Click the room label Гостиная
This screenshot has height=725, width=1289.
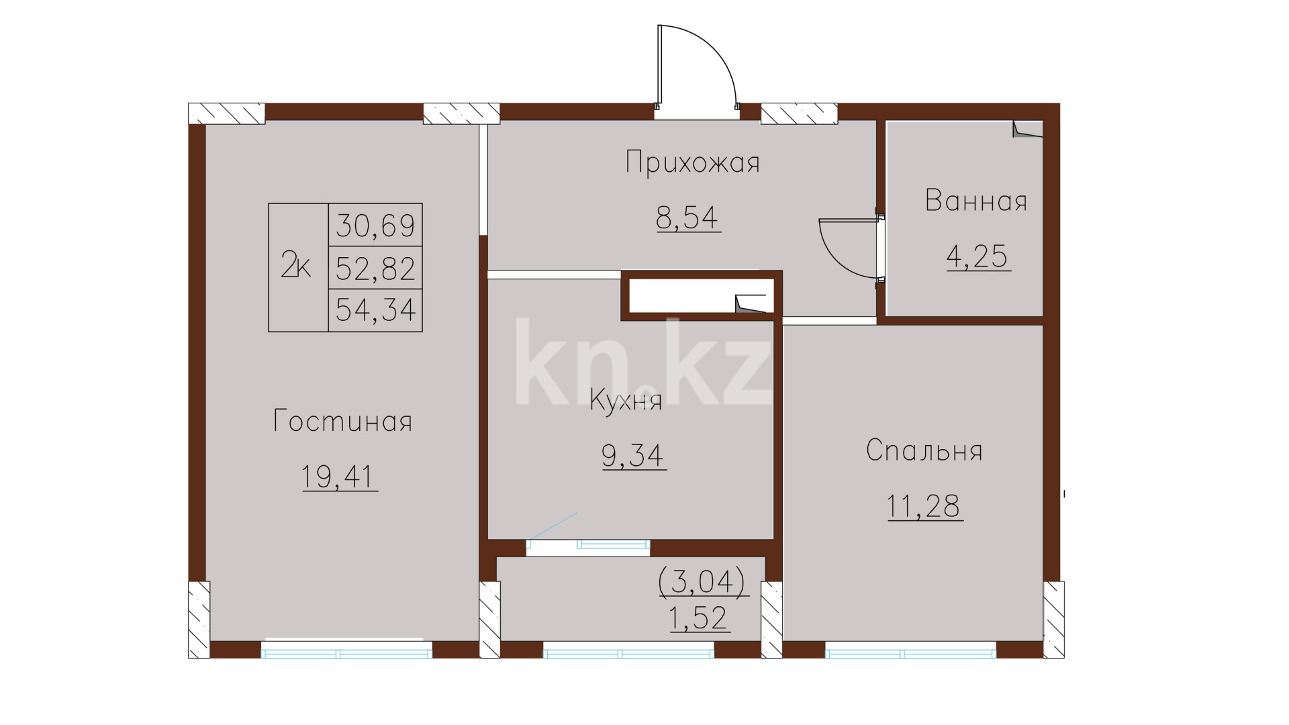(342, 421)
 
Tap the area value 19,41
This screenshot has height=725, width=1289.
(337, 477)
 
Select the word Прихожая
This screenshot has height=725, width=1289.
(693, 162)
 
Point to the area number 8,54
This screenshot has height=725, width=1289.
(687, 217)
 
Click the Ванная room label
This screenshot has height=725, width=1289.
(976, 201)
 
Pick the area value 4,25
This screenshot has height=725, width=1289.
(977, 256)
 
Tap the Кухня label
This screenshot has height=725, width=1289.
(626, 400)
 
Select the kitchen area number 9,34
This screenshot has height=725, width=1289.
(633, 455)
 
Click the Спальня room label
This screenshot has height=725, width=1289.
(924, 450)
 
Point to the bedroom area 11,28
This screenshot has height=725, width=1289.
(924, 506)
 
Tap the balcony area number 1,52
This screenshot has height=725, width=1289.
(698, 618)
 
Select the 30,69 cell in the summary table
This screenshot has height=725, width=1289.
(375, 225)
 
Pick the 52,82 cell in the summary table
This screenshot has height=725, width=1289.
(375, 268)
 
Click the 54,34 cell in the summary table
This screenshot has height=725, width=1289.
(375, 310)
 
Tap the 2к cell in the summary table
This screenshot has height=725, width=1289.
(298, 267)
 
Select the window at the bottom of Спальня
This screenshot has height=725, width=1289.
(910, 650)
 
